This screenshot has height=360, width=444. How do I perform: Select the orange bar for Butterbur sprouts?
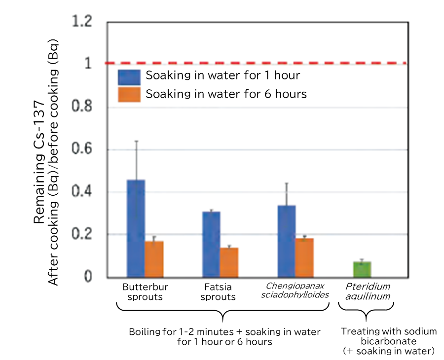(154, 259)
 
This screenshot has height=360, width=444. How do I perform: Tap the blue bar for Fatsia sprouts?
(211, 244)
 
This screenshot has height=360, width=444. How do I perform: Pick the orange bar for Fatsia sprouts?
(229, 262)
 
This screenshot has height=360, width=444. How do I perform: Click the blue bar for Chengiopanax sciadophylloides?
(287, 241)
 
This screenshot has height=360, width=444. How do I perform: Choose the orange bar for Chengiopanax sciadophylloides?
(304, 257)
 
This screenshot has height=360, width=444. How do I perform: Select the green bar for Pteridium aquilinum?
(362, 269)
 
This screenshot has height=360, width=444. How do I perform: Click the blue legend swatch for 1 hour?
(129, 76)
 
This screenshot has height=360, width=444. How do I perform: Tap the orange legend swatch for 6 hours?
(129, 94)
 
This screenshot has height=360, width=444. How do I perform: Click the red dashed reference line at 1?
(257, 63)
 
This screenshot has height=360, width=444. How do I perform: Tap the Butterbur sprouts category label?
(145, 291)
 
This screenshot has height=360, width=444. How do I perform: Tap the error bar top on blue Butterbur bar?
(136, 141)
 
